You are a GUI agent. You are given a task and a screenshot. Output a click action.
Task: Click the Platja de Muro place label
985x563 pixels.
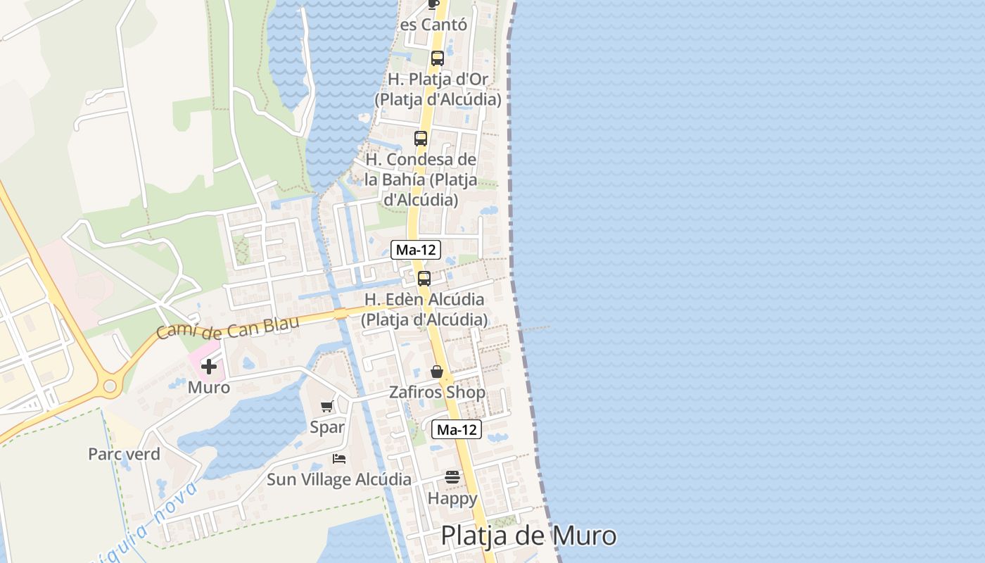pos(528,536)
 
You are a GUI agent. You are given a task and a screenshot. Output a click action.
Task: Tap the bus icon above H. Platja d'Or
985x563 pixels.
pos(438,58)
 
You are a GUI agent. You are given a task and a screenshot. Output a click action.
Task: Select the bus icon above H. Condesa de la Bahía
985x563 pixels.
pos(421,139)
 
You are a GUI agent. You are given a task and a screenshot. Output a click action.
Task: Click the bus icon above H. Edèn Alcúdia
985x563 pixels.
pos(424,278)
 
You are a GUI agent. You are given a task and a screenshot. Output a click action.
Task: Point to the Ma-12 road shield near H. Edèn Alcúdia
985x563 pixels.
pos(416,249)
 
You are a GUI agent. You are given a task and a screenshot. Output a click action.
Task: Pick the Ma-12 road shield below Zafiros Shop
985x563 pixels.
pos(457,429)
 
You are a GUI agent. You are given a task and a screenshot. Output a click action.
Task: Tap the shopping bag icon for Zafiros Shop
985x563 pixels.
pos(437,372)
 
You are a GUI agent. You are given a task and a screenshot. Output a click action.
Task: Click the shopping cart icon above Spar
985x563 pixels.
pos(327,406)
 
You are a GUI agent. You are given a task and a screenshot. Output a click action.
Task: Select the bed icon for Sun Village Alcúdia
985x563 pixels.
pos(339,459)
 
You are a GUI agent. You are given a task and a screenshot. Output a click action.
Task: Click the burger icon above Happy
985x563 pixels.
pos(452,478)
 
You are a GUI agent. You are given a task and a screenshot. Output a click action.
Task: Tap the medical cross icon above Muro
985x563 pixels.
pos(209,366)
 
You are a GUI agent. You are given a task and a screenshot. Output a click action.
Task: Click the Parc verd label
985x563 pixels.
pos(124,454)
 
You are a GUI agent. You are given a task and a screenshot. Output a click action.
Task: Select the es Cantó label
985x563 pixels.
pos(433,25)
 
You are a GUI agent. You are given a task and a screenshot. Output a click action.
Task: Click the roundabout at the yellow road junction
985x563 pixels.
pos(110,385)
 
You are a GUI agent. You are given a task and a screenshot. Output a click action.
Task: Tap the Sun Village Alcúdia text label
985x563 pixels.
pos(339,480)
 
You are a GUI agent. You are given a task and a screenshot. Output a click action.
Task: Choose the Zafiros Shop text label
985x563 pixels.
pos(438,392)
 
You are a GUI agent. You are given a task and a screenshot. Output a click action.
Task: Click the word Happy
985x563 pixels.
pos(452,498)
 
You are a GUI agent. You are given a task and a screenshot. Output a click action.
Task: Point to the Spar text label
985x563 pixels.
pos(327,426)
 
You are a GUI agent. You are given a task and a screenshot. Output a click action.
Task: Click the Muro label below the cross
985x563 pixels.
pos(209,387)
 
